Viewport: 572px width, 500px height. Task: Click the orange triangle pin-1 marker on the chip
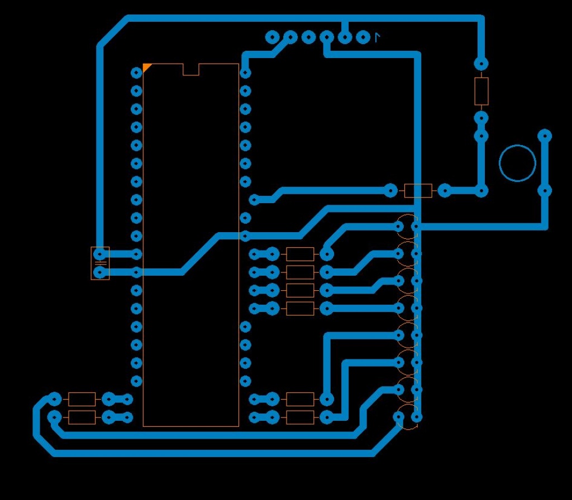click(146, 67)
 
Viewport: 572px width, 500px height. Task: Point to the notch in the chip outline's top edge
click(191, 70)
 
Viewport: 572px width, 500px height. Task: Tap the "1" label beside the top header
click(378, 37)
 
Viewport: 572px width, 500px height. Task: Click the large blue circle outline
click(517, 164)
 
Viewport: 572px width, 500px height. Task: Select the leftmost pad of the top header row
click(272, 37)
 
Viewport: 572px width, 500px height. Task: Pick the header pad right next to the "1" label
click(363, 37)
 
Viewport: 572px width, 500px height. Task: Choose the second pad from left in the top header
click(290, 37)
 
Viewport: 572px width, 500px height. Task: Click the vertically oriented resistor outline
click(481, 91)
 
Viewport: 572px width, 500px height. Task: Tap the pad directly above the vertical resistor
click(481, 64)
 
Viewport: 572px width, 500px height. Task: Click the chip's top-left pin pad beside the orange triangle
click(136, 73)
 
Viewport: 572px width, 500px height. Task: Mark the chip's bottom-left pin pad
click(136, 381)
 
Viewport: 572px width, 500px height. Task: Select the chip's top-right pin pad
click(245, 73)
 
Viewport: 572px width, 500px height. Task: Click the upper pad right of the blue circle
click(545, 136)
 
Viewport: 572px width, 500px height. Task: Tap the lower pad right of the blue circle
click(545, 190)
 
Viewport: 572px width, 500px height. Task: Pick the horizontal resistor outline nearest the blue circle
click(418, 191)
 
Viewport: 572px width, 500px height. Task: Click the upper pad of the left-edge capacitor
click(100, 254)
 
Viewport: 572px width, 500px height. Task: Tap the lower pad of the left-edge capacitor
click(100, 272)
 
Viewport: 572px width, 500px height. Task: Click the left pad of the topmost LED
click(399, 227)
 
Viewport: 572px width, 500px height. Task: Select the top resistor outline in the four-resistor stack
click(300, 254)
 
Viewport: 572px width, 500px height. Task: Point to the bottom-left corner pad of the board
click(54, 417)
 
